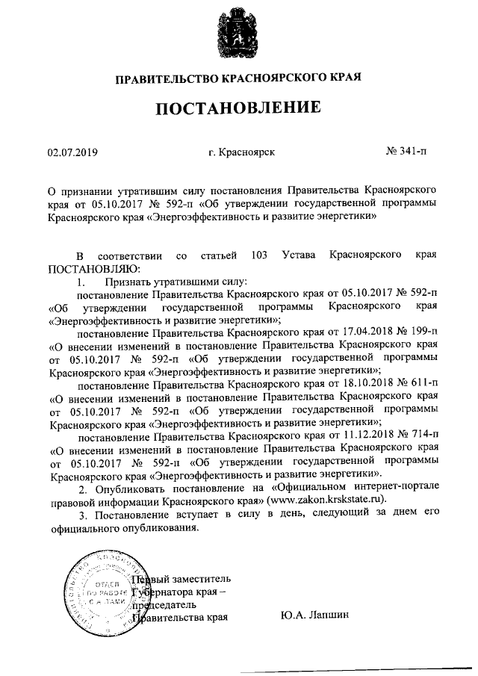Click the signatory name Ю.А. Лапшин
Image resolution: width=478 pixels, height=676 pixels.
coord(315,617)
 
